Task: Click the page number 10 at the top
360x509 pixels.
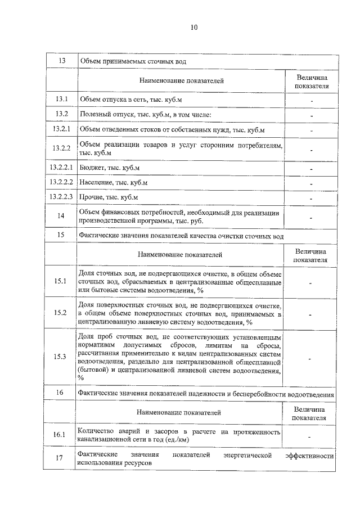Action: pyautogui.click(x=194, y=27)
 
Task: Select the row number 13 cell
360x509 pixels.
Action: pyautogui.click(x=62, y=61)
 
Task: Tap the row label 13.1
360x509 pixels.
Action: pyautogui.click(x=62, y=100)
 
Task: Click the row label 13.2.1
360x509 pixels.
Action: pyautogui.click(x=62, y=130)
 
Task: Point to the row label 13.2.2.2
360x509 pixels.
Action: pyautogui.click(x=62, y=183)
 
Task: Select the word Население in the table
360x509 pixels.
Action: pyautogui.click(x=96, y=183)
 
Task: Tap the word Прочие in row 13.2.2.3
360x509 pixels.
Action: pyautogui.click(x=91, y=197)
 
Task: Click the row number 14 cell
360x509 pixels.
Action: pyautogui.click(x=62, y=216)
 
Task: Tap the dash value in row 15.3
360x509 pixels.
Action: pyautogui.click(x=310, y=358)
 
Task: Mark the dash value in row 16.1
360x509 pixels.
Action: pyautogui.click(x=310, y=435)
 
